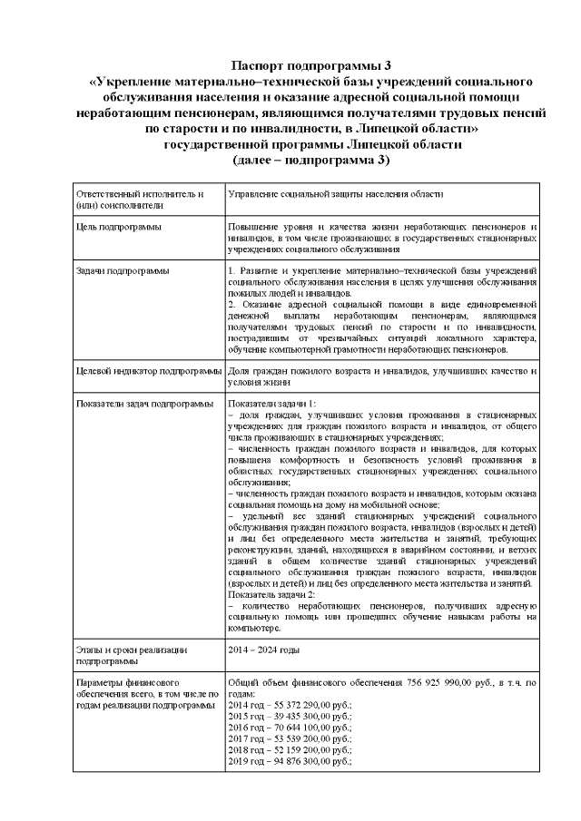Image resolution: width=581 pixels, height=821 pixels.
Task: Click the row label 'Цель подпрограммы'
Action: [120, 225]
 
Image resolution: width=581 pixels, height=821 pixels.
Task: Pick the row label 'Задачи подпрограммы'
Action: [123, 270]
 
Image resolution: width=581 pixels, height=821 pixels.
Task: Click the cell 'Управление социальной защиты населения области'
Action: [335, 193]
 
